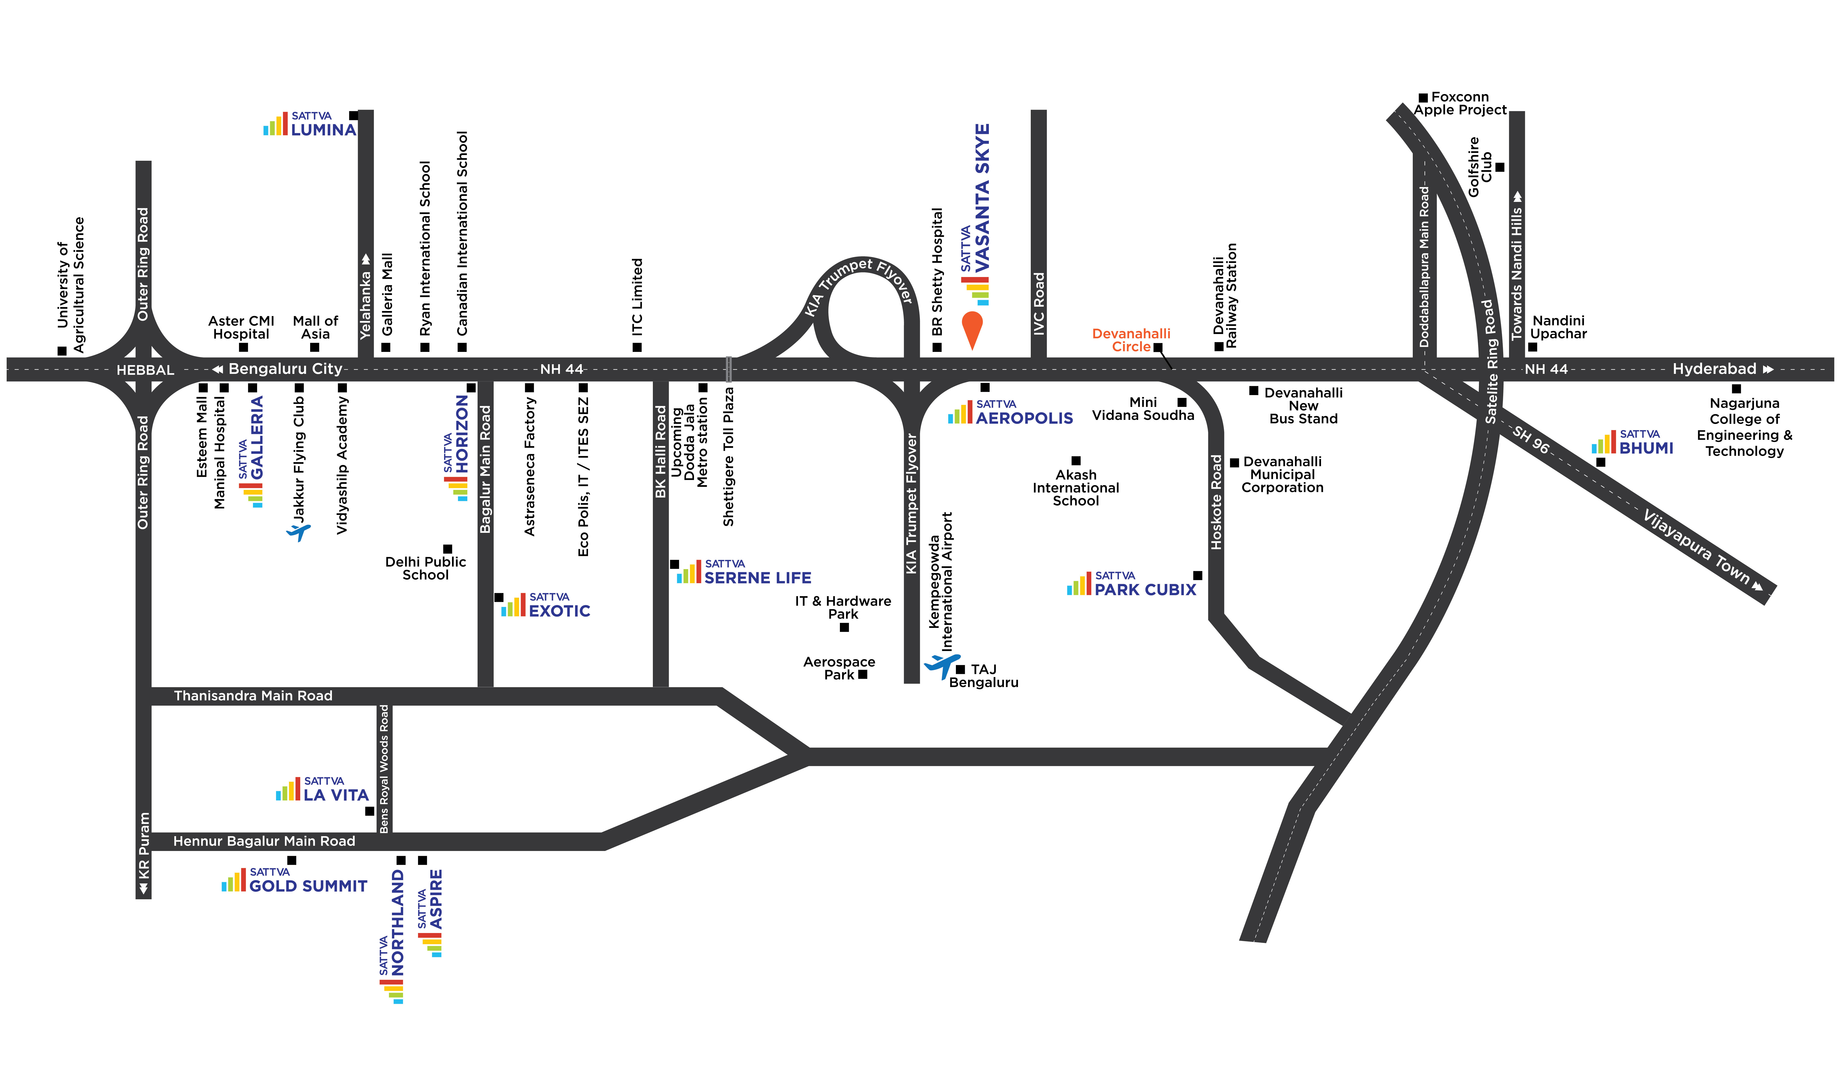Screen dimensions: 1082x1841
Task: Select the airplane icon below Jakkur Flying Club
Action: point(298,531)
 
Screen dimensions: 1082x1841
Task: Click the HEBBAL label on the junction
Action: point(145,370)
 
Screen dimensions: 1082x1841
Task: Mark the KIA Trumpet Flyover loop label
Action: point(858,281)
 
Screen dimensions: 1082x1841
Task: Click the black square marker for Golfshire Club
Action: point(1500,167)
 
